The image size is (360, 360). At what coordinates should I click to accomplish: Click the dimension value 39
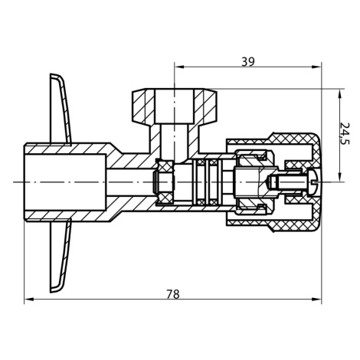coord(248,61)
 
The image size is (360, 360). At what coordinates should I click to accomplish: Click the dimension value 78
coord(173,294)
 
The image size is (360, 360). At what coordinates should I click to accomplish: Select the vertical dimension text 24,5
coord(345,133)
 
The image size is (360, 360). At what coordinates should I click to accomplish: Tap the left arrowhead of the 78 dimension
coord(28,299)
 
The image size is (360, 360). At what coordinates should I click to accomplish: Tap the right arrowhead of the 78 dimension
coord(317,299)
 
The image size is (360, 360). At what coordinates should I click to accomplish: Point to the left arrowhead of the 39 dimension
coord(179,67)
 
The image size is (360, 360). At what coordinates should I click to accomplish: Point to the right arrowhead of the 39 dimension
coord(317,67)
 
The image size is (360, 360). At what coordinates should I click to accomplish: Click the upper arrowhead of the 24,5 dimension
coord(339,93)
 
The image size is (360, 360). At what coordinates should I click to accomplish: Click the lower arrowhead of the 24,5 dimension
coord(339,177)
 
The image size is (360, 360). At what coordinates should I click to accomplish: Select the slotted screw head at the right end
coord(314,182)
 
